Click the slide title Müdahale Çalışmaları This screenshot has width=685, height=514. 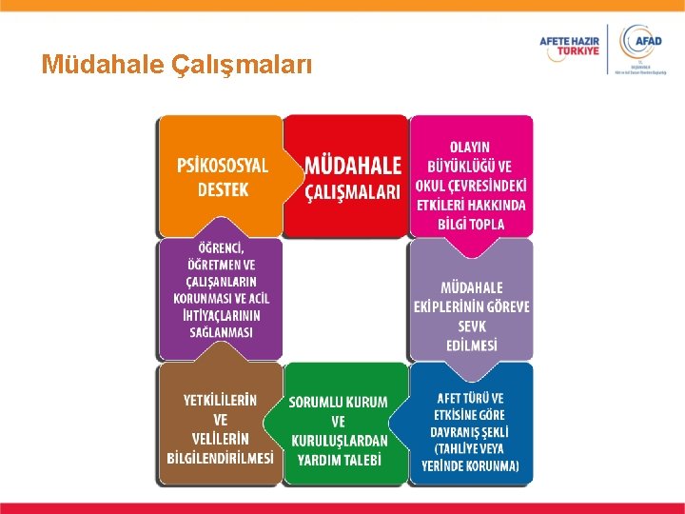pyautogui.click(x=176, y=64)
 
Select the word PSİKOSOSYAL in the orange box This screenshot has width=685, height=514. pyautogui.click(x=223, y=165)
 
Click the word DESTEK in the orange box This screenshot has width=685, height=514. pyautogui.click(x=223, y=188)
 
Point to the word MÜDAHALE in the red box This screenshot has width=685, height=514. pyautogui.click(x=353, y=166)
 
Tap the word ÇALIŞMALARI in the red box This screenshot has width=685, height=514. pyautogui.click(x=353, y=191)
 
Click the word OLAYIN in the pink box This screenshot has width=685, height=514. pyautogui.click(x=471, y=147)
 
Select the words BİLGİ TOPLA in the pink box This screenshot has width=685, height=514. pyautogui.click(x=471, y=224)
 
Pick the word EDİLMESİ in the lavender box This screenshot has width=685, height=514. pyautogui.click(x=471, y=345)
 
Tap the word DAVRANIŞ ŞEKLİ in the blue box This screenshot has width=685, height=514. pyautogui.click(x=471, y=431)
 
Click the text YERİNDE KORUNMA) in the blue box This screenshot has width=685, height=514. pyautogui.click(x=471, y=465)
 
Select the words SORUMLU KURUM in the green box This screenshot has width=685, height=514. pyautogui.click(x=339, y=402)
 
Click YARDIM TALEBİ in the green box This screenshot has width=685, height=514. pyautogui.click(x=339, y=460)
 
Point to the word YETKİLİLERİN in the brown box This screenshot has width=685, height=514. pyautogui.click(x=221, y=400)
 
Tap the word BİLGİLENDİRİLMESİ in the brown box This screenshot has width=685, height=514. pyautogui.click(x=221, y=457)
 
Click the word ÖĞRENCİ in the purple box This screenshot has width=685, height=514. pyautogui.click(x=221, y=247)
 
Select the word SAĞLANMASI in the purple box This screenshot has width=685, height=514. pyautogui.click(x=221, y=332)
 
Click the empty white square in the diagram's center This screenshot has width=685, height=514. pyautogui.click(x=345, y=299)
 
